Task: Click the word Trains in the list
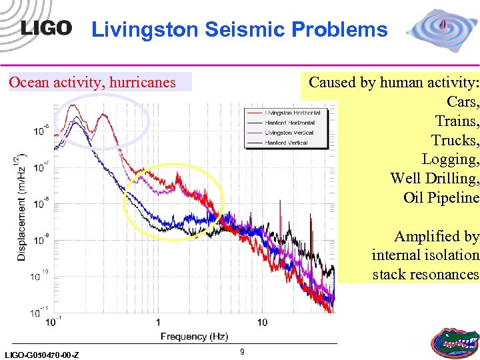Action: (x=457, y=121)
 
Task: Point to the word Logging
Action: (x=450, y=159)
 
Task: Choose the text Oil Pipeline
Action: (x=441, y=198)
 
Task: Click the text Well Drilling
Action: (x=435, y=179)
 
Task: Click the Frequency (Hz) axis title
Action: (x=194, y=337)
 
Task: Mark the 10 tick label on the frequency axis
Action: (x=262, y=322)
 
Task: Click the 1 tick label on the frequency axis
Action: (x=158, y=322)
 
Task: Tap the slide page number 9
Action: (x=243, y=351)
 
